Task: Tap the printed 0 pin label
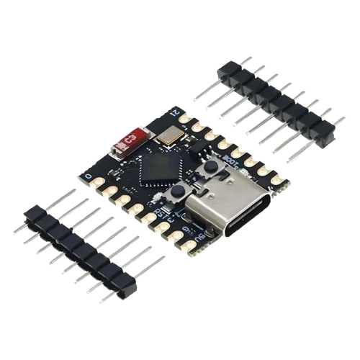tap(88, 175)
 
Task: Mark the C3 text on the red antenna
tap(131, 137)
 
